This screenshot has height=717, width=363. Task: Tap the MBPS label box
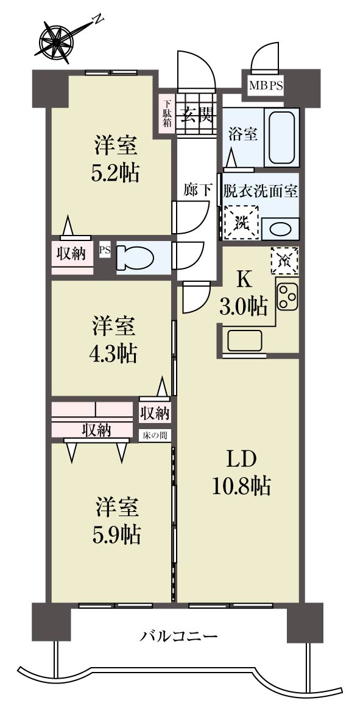(266, 85)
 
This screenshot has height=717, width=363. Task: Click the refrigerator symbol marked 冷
(284, 260)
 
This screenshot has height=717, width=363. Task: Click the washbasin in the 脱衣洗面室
(281, 229)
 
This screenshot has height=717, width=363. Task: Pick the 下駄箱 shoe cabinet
(167, 113)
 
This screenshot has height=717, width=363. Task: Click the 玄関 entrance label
(196, 114)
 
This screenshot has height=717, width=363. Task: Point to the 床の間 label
(155, 435)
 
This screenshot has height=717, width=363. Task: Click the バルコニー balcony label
(179, 635)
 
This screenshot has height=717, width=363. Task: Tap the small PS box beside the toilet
(105, 251)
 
